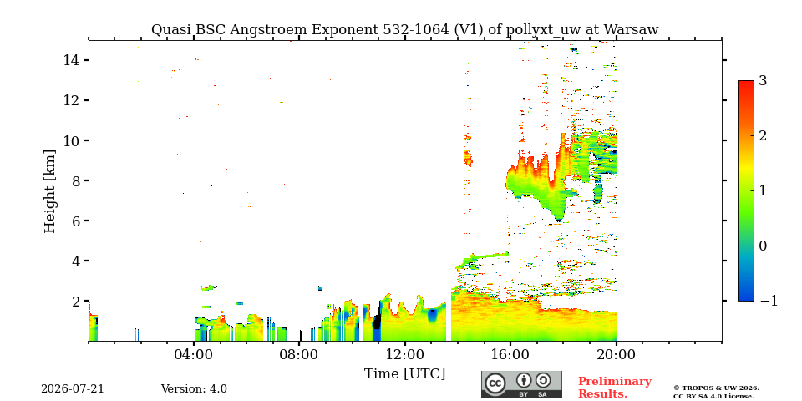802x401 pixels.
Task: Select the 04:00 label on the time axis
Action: [x=194, y=354]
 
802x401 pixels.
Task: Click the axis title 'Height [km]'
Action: [x=49, y=191]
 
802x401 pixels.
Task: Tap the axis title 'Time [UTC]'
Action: [x=404, y=374]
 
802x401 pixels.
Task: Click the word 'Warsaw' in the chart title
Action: [x=632, y=30]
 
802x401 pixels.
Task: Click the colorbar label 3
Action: [x=763, y=81]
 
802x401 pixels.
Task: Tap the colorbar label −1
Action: [x=769, y=301]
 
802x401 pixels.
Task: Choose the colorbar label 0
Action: [x=763, y=246]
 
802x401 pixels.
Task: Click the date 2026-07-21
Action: [x=73, y=388]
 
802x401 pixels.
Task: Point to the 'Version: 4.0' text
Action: [x=194, y=388]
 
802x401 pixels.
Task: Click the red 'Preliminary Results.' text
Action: [x=615, y=387]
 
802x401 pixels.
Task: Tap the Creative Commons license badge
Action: [x=521, y=384]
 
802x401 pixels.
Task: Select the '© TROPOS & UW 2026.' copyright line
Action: [x=716, y=388]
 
